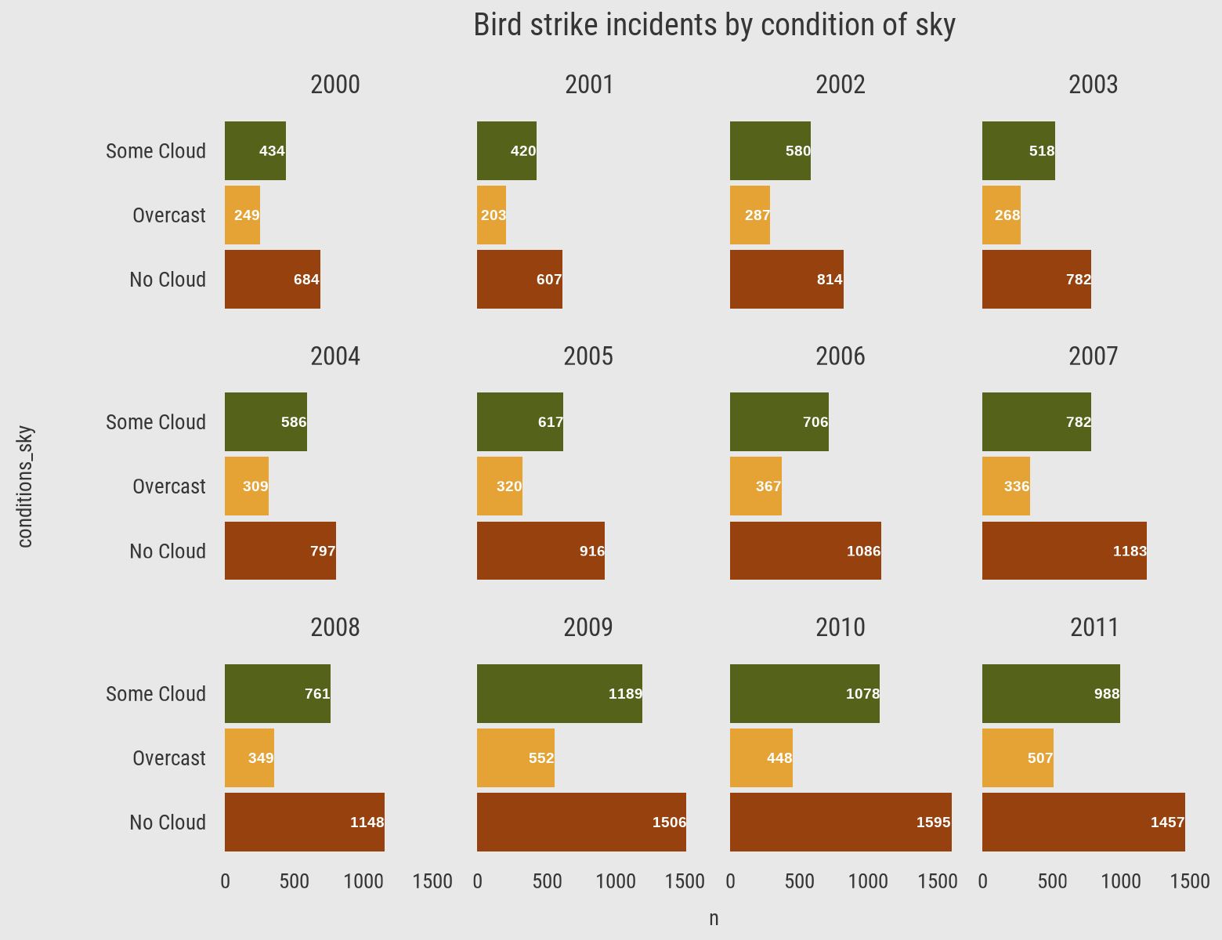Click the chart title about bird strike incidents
click(x=714, y=26)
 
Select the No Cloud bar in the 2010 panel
click(x=841, y=822)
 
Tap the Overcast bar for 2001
click(x=491, y=215)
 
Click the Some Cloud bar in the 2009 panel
click(x=559, y=693)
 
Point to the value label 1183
click(x=1130, y=551)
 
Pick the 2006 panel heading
click(x=841, y=356)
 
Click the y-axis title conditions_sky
click(x=25, y=486)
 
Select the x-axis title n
click(x=714, y=919)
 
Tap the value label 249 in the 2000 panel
click(x=247, y=215)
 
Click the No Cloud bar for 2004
click(x=280, y=551)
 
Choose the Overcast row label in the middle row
click(x=168, y=486)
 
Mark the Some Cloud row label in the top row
click(x=156, y=151)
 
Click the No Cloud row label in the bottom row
click(x=168, y=822)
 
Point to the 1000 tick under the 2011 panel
click(x=1121, y=882)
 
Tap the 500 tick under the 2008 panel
click(x=294, y=882)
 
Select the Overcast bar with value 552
click(x=515, y=757)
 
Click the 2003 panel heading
click(x=1093, y=85)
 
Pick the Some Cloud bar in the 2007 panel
click(x=1036, y=421)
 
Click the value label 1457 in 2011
click(x=1167, y=822)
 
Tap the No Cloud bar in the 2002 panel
click(x=786, y=279)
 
